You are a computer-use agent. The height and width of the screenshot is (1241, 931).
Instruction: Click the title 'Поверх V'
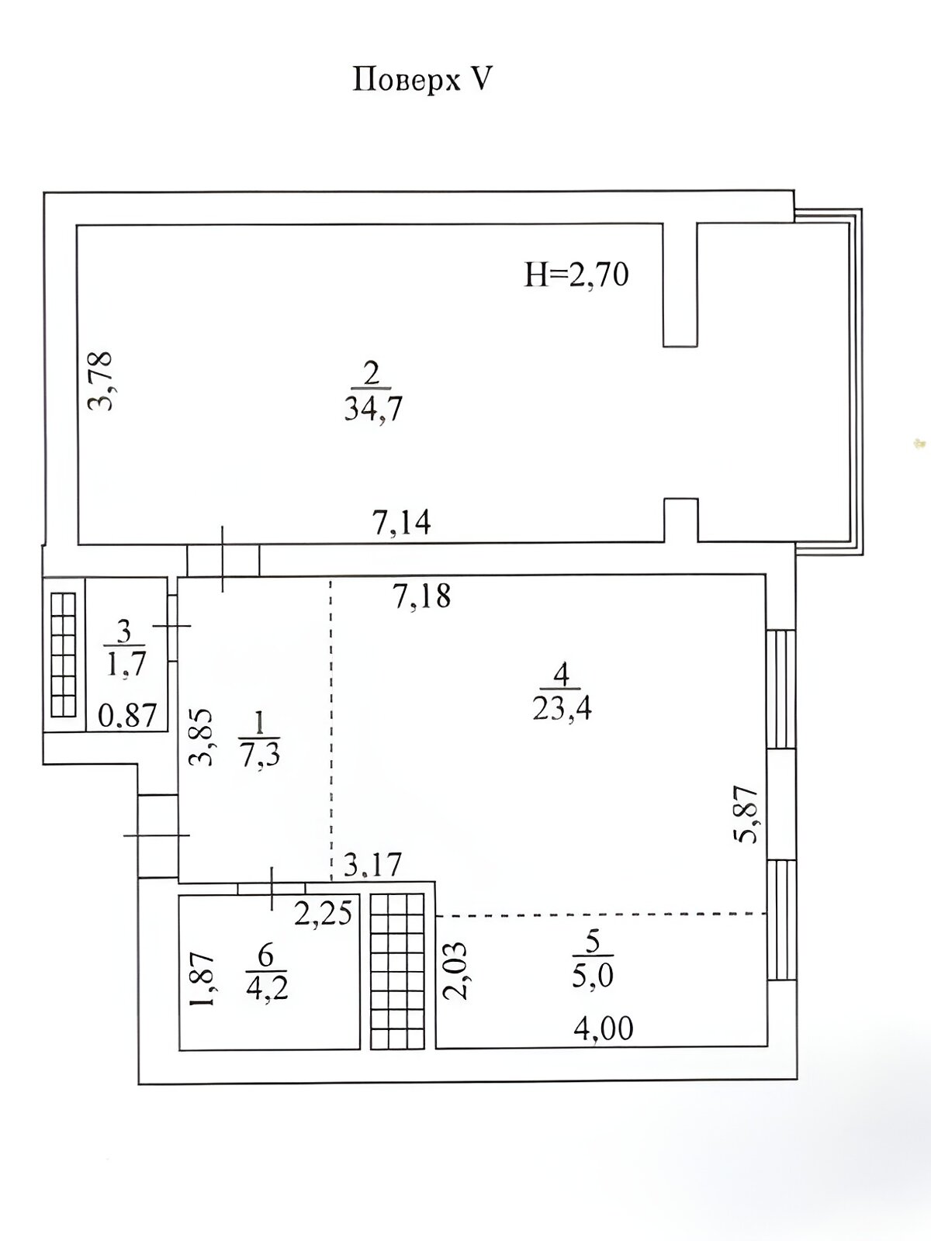pyautogui.click(x=423, y=80)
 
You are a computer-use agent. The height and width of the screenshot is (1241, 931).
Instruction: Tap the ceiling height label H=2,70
pyautogui.click(x=576, y=276)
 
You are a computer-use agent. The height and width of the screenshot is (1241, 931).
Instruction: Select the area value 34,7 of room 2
pyautogui.click(x=373, y=410)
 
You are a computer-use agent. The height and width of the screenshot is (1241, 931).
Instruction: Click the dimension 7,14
pyautogui.click(x=401, y=523)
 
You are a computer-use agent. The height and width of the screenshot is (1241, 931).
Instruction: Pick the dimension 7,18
pyautogui.click(x=422, y=596)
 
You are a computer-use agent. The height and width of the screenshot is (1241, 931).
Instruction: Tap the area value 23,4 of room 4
pyautogui.click(x=561, y=708)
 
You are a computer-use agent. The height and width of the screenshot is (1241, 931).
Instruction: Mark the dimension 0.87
pyautogui.click(x=127, y=717)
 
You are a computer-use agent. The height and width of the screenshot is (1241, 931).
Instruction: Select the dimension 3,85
pyautogui.click(x=202, y=737)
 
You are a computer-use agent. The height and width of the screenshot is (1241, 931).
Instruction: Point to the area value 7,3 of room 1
pyautogui.click(x=259, y=755)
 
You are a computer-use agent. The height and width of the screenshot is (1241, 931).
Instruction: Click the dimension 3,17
pyautogui.click(x=372, y=865)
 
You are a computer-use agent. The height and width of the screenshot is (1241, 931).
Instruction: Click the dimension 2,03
pyautogui.click(x=455, y=971)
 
